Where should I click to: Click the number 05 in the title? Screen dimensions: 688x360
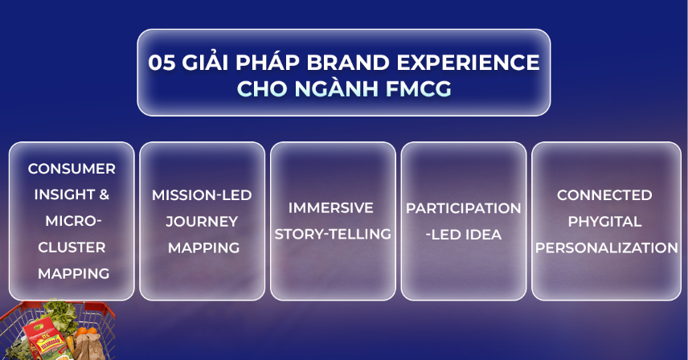click(162, 62)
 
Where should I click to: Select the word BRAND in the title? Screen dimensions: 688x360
click(348, 62)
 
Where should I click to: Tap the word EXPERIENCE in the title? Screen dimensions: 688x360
click(468, 62)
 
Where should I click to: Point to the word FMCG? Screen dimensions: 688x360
click(418, 88)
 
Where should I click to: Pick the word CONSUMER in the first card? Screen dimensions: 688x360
click(72, 169)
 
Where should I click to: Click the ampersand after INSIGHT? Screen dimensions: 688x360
click(104, 194)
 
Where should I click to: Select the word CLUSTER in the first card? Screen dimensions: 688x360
click(72, 247)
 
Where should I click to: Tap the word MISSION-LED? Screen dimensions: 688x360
click(202, 195)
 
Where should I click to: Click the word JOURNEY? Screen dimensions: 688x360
click(202, 222)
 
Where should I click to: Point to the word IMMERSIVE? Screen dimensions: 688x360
click(331, 208)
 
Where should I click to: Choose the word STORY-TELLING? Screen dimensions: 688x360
click(333, 234)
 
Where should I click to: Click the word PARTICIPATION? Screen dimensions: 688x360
click(463, 208)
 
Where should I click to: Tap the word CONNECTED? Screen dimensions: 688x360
click(604, 195)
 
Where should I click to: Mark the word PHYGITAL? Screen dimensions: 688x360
click(604, 222)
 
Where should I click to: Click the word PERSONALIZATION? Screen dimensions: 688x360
click(606, 247)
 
